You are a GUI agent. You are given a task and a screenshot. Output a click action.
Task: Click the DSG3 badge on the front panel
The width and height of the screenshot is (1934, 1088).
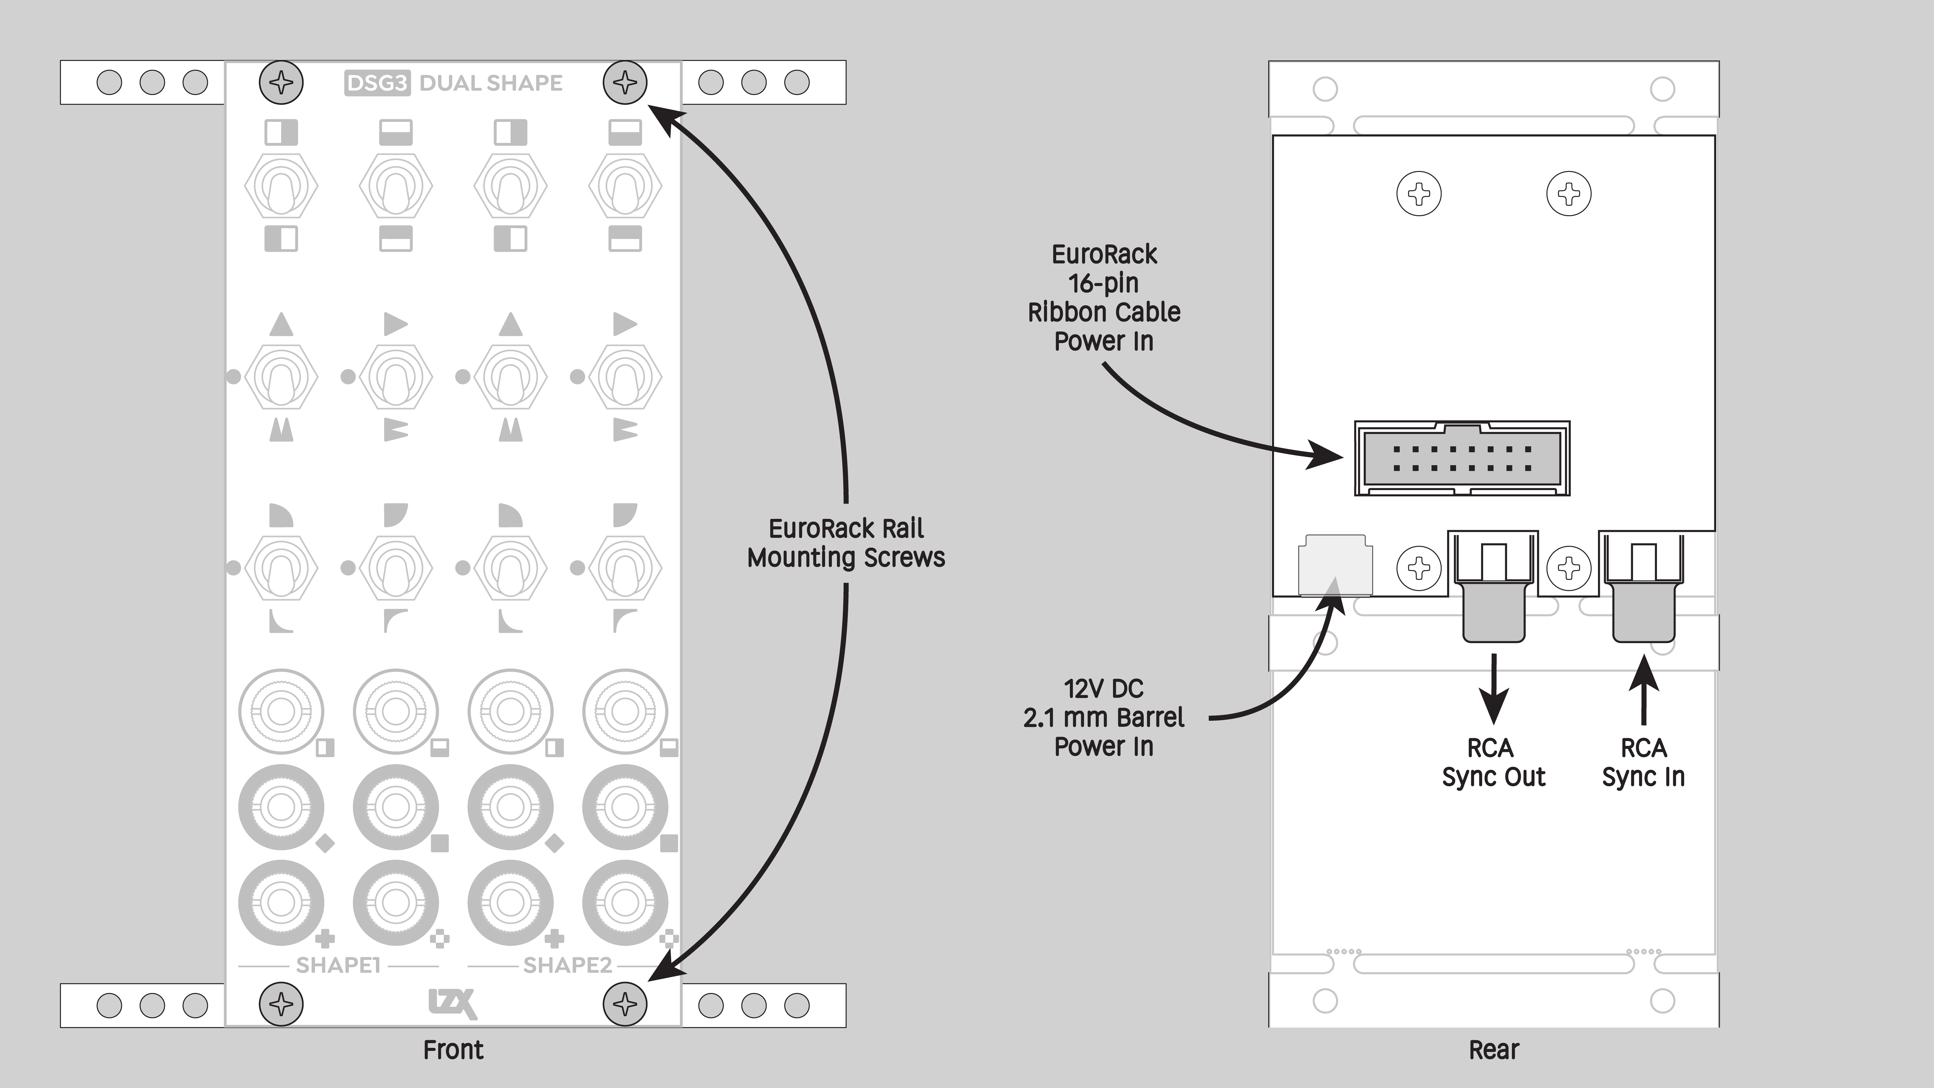(x=377, y=83)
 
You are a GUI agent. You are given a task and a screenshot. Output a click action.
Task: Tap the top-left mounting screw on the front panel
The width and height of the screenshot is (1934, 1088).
(x=282, y=83)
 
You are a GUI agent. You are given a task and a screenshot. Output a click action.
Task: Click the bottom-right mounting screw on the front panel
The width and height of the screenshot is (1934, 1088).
(x=625, y=1004)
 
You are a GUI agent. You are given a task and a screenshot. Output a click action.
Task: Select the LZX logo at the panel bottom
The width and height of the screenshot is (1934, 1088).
(x=453, y=1004)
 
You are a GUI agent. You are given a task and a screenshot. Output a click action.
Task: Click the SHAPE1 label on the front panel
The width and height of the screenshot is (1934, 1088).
(x=338, y=965)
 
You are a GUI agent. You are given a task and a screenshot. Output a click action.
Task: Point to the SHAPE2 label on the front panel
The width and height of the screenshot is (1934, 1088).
(x=568, y=965)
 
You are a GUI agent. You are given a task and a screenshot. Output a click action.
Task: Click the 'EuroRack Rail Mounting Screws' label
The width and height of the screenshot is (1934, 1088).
(x=846, y=543)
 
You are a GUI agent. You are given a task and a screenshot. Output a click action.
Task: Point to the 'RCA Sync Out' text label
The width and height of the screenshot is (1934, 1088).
(x=1493, y=762)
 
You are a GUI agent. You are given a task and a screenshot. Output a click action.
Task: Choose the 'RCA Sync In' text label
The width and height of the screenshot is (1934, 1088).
(x=1643, y=762)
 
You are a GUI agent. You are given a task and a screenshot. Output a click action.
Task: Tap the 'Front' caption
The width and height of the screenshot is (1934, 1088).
(x=453, y=1050)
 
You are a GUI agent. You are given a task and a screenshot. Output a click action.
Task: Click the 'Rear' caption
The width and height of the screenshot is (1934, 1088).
(x=1493, y=1050)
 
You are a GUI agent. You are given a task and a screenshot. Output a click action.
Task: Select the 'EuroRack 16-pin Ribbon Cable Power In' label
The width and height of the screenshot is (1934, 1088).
(x=1104, y=297)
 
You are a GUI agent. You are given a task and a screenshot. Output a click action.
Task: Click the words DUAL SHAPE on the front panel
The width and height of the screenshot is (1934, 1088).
(x=490, y=83)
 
